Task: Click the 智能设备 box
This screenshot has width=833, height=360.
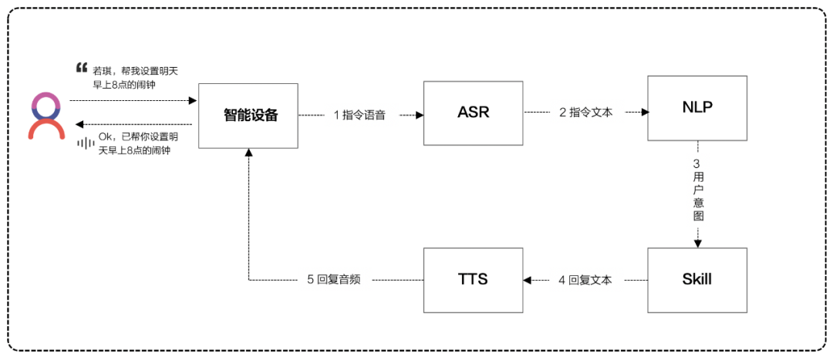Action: click(248, 116)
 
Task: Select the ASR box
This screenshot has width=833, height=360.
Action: click(474, 113)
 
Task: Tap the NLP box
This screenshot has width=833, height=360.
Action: click(697, 108)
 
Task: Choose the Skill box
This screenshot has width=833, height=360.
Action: click(697, 279)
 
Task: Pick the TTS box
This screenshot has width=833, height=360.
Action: click(474, 279)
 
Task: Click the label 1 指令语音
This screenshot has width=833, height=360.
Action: click(359, 115)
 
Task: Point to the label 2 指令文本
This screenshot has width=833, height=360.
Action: click(585, 113)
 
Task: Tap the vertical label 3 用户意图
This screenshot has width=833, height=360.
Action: click(697, 190)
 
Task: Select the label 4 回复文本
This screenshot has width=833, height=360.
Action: click(585, 280)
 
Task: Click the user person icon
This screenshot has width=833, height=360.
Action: click(46, 116)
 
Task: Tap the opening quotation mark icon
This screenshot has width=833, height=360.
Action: click(82, 66)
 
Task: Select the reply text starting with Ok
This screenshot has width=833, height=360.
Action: click(134, 144)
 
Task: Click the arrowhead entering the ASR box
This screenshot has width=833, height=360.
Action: click(420, 115)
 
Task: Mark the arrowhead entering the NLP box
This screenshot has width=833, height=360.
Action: click(643, 113)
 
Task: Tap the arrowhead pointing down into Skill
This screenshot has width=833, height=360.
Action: click(697, 244)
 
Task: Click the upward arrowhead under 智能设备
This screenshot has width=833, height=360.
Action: click(248, 153)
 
